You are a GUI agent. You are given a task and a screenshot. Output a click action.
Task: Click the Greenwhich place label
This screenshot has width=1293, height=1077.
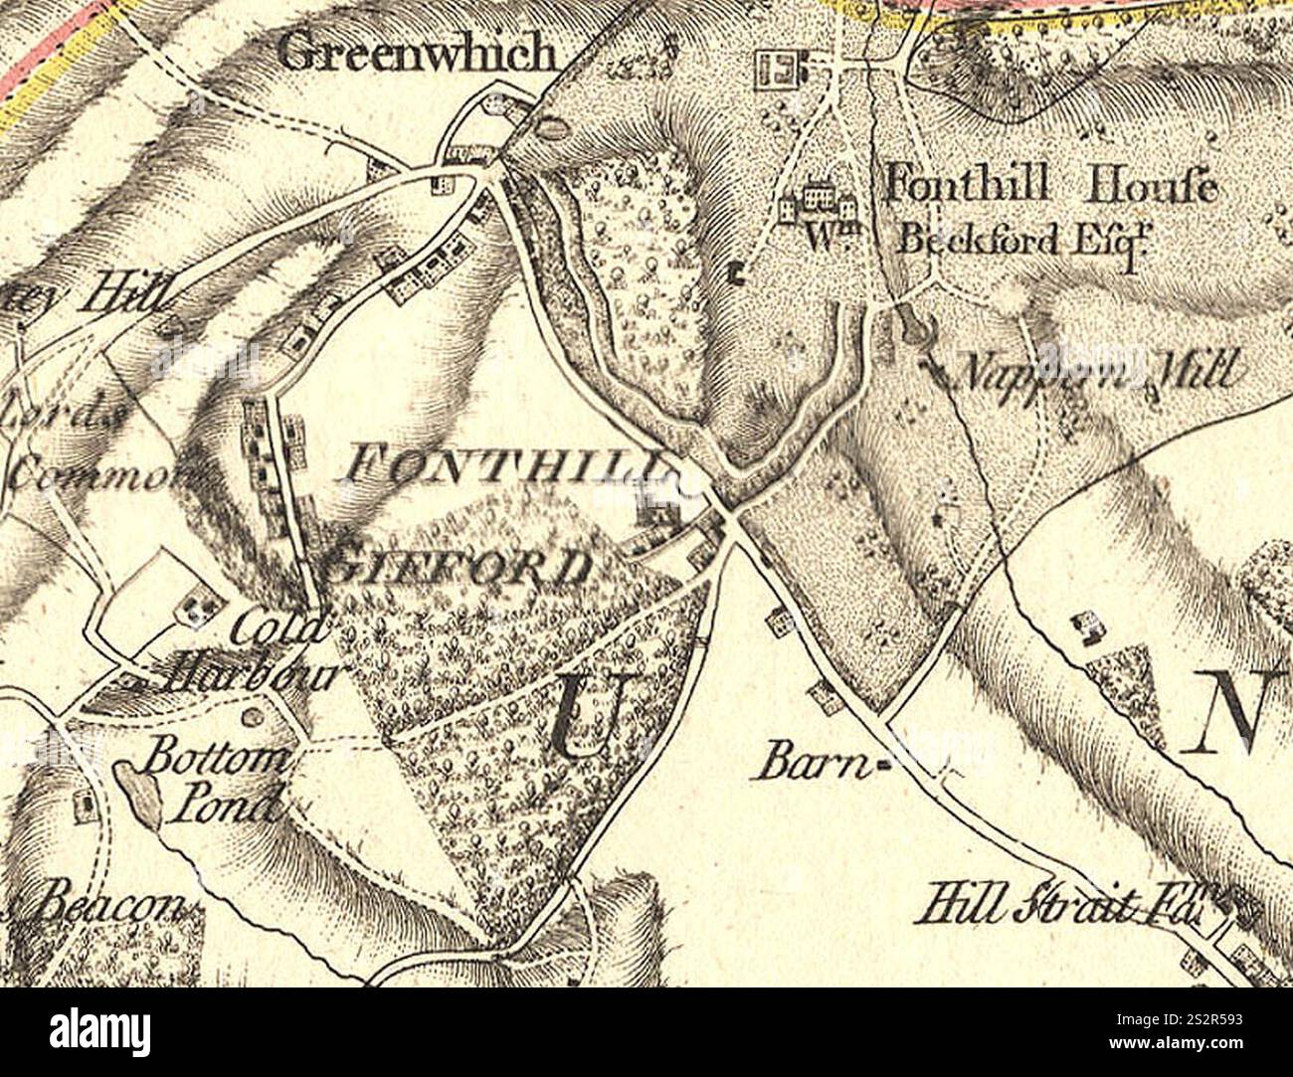(418, 52)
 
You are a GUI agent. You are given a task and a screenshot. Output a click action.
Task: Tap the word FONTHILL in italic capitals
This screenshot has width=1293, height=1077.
(505, 463)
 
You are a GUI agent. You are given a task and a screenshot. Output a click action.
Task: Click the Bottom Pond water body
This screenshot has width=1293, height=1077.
(140, 793)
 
